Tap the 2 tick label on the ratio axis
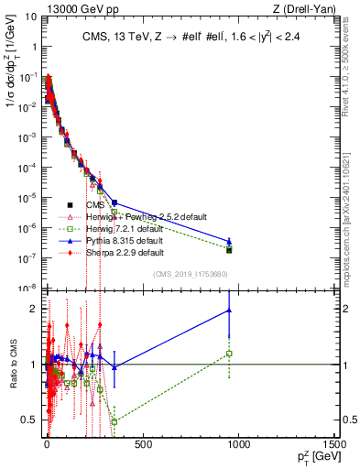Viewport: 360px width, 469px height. pyautogui.click(x=34, y=308)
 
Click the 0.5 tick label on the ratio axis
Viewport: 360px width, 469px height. pyautogui.click(x=30, y=420)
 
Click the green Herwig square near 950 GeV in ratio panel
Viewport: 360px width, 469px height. pyautogui.click(x=229, y=354)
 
